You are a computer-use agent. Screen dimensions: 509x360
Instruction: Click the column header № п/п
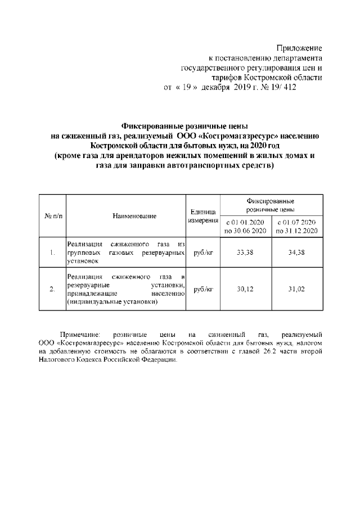point(52,216)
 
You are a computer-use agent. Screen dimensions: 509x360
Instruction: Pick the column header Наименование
point(126,216)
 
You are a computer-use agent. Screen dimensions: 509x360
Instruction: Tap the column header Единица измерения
point(202,217)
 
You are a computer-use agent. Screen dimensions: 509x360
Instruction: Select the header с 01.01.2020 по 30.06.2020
point(245,227)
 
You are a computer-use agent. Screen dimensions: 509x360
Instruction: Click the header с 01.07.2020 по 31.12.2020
point(297,227)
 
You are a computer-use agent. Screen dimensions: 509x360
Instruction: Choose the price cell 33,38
point(245,253)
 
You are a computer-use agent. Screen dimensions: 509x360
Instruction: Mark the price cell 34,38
point(297,253)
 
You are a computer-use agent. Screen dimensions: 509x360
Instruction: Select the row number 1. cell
point(52,253)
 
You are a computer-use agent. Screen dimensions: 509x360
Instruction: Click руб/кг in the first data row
point(202,253)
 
